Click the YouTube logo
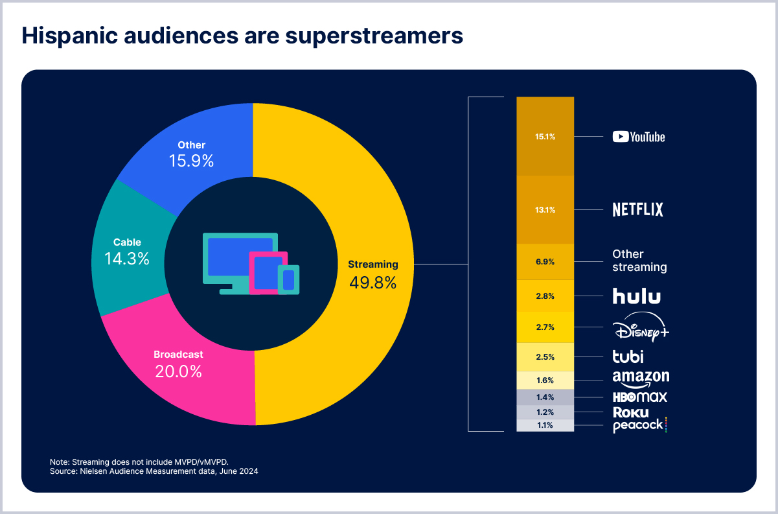[x=639, y=137]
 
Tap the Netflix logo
[x=638, y=209]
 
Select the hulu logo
[x=637, y=296]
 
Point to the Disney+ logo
[x=640, y=327]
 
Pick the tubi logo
[x=628, y=356]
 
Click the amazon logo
[x=640, y=377]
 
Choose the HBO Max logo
[x=639, y=397]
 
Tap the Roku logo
[x=630, y=412]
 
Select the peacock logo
[x=639, y=425]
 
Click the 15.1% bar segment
[x=545, y=136]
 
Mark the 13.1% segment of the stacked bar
[x=545, y=209]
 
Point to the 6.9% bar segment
[x=545, y=261]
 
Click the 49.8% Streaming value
[x=372, y=283]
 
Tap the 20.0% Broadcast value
[x=178, y=372]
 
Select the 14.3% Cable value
[x=127, y=259]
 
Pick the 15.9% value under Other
[x=191, y=161]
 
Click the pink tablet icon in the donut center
[x=268, y=273]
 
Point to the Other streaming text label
[x=639, y=261]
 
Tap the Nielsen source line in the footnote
[x=154, y=471]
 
